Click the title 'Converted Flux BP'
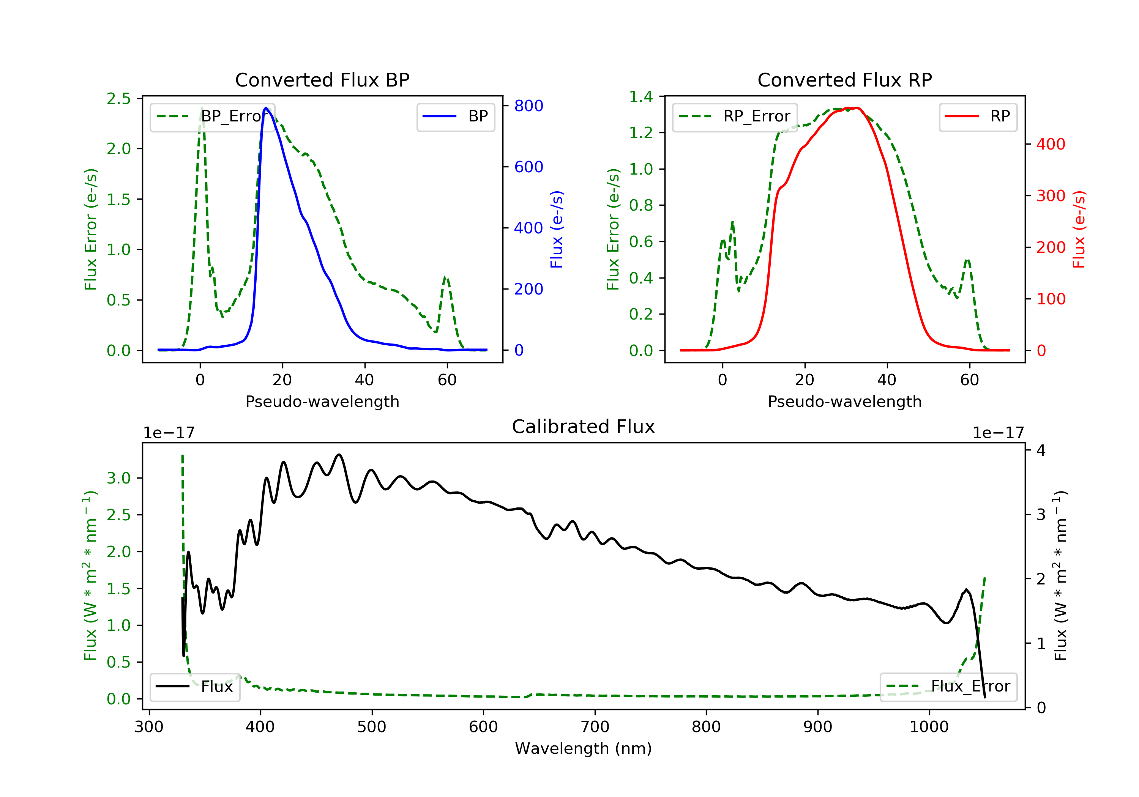(322, 80)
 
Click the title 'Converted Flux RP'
(844, 80)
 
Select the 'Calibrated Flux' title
(584, 427)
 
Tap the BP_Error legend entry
(212, 117)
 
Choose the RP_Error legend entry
(735, 117)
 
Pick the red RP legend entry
(978, 117)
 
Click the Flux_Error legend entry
(948, 687)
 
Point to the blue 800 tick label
(528, 106)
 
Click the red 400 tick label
(1051, 144)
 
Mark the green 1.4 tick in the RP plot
(641, 97)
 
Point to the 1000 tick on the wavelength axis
(929, 727)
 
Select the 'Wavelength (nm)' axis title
(584, 748)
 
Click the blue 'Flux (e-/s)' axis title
(557, 229)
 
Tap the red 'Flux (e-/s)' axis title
(1079, 229)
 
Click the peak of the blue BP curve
(266, 108)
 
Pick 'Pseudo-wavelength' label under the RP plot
(844, 401)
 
